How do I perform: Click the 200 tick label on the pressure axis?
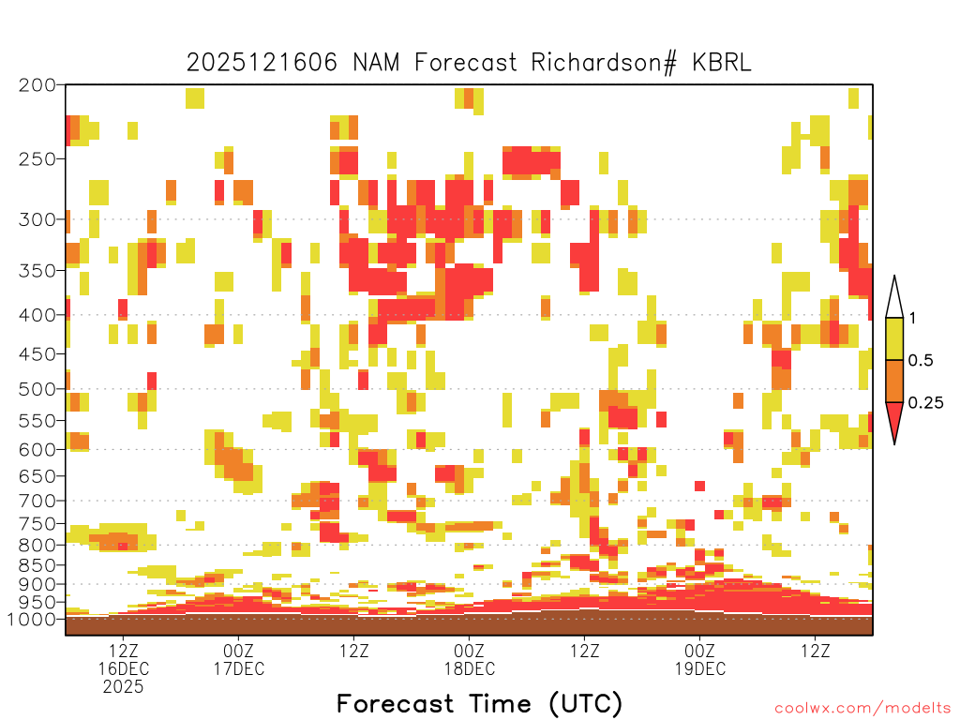click(x=37, y=85)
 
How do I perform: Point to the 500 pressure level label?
click(x=37, y=389)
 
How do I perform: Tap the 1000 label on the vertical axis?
click(x=31, y=620)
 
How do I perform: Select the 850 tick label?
click(x=37, y=565)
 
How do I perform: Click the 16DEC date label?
click(x=123, y=668)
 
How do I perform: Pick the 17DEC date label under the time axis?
click(x=239, y=668)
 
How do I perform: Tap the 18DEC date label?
click(x=470, y=668)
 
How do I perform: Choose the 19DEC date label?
click(x=700, y=668)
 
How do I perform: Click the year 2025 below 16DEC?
click(x=123, y=687)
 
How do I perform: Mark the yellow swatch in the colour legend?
click(x=894, y=338)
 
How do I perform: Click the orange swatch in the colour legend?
click(x=894, y=381)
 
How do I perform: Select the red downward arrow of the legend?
click(x=894, y=423)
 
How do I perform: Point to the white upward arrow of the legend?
click(x=894, y=297)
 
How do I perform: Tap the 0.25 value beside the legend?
click(x=925, y=403)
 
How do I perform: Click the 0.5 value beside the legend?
click(x=921, y=361)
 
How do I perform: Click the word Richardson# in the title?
click(x=604, y=63)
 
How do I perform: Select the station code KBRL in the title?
click(x=722, y=63)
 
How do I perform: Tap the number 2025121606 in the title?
click(x=262, y=63)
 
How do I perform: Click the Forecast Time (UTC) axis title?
click(x=479, y=704)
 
